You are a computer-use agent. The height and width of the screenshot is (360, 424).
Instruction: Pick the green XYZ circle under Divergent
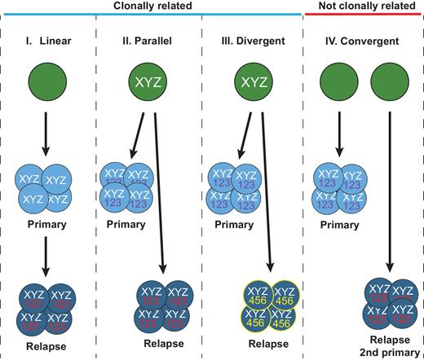(253, 84)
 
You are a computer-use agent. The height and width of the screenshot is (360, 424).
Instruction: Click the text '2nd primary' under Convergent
(387, 352)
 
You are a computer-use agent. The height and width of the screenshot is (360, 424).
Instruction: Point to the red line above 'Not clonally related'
(362, 18)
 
